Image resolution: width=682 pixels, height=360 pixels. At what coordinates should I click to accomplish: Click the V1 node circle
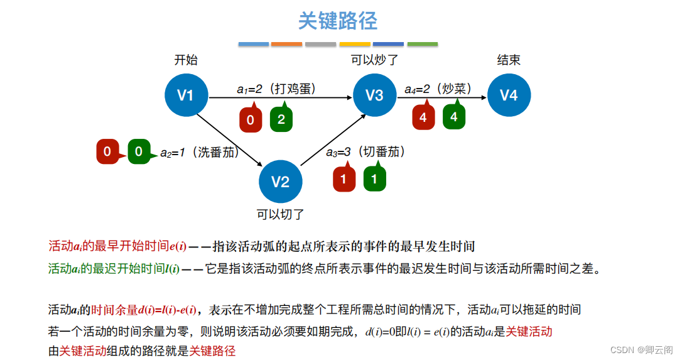(x=186, y=95)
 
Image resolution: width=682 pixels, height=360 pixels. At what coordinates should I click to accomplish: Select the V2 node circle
(x=280, y=182)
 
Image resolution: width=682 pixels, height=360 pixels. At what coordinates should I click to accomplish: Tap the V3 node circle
(x=374, y=95)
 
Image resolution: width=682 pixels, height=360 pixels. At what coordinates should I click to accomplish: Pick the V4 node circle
(x=509, y=95)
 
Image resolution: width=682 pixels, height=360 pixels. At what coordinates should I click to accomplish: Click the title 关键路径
(x=338, y=21)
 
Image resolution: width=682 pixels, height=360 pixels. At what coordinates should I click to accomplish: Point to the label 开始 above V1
(x=186, y=60)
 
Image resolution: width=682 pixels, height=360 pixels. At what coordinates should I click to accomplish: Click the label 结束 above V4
(x=509, y=60)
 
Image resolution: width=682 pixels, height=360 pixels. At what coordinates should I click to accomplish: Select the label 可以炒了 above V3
(x=374, y=60)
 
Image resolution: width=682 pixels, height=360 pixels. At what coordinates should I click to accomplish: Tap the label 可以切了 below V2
(x=280, y=214)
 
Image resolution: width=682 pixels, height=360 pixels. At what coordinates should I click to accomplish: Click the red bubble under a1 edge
(x=251, y=119)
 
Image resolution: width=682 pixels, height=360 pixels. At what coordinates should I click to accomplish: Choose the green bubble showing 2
(x=281, y=119)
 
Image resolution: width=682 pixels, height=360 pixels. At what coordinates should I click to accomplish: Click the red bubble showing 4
(x=423, y=117)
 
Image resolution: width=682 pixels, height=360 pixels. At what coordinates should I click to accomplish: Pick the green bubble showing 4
(x=454, y=117)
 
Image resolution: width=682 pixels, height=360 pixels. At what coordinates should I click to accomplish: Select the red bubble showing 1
(x=344, y=179)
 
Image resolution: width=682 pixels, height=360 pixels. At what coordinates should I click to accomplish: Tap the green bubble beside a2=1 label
(x=139, y=151)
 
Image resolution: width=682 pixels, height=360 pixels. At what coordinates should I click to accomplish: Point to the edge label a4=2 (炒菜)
(x=438, y=89)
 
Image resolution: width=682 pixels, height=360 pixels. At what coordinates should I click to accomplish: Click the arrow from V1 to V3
(x=279, y=97)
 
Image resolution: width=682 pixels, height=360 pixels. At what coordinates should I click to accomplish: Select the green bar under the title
(x=422, y=44)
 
